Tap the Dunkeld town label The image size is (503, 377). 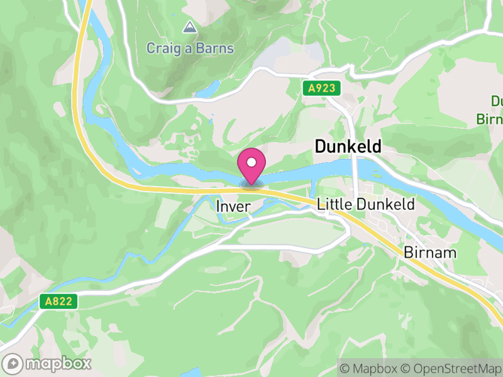(347, 147)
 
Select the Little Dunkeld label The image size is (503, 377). (366, 204)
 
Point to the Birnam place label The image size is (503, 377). (430, 253)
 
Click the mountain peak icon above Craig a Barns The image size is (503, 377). (189, 27)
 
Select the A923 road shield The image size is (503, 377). (321, 89)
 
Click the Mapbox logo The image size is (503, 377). (48, 363)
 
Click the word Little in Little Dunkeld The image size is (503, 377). (335, 204)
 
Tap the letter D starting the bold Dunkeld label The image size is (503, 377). (319, 147)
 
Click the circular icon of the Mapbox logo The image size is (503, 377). (14, 363)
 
